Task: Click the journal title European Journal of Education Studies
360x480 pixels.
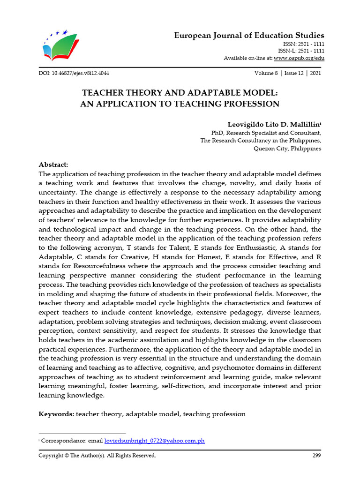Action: click(249, 36)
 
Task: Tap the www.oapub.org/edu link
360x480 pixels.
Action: click(299, 58)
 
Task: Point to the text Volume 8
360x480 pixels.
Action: click(266, 74)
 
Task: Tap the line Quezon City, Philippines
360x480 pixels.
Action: click(287, 149)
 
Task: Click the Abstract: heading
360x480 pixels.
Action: click(53, 165)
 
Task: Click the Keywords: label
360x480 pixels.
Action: click(56, 414)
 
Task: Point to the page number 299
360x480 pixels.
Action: click(316, 455)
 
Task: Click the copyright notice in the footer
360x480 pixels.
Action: click(97, 455)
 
